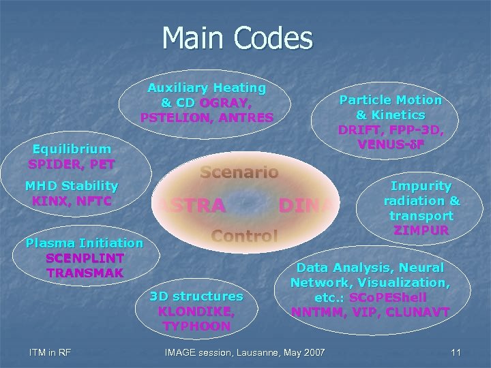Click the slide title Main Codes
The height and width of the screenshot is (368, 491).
[237, 38]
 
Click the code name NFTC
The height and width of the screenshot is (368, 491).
[92, 200]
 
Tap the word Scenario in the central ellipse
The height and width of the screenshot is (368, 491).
[239, 172]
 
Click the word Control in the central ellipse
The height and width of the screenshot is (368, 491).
[244, 236]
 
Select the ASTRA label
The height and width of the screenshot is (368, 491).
[192, 205]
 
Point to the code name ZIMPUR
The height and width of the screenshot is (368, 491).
[421, 230]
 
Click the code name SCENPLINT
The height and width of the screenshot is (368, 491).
[85, 258]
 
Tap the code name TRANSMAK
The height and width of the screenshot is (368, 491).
[85, 273]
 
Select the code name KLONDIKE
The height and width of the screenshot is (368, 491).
[196, 311]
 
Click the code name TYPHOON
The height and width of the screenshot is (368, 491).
[196, 326]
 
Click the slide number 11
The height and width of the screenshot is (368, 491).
[456, 352]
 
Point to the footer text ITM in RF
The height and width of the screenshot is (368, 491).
[51, 352]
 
